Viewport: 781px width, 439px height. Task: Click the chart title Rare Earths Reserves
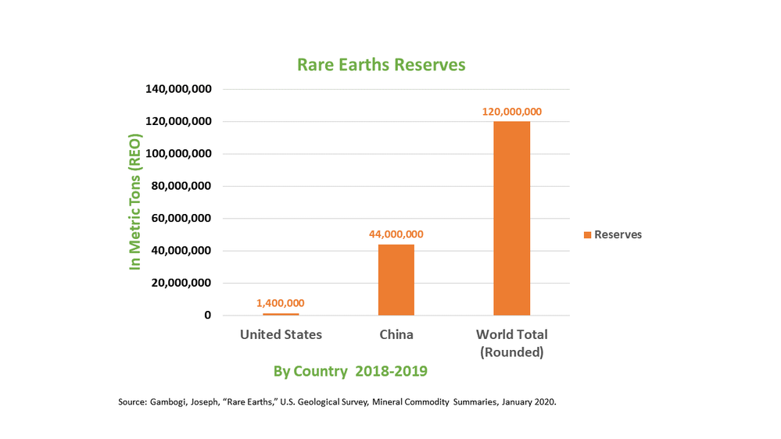381,65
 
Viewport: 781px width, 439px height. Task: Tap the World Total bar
511,218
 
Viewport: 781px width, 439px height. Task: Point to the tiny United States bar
281,314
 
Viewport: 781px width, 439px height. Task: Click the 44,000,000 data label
396,234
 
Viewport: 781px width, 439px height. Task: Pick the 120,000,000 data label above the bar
511,112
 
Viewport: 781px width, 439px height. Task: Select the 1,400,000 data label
281,303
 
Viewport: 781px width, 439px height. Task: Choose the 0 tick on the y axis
207,315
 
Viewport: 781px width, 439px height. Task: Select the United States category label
281,334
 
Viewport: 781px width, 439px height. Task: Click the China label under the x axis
396,334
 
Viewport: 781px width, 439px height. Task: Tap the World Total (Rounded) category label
511,343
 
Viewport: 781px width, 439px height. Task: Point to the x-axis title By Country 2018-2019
350,371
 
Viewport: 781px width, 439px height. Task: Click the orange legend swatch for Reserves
586,235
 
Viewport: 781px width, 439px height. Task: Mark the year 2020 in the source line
543,402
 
